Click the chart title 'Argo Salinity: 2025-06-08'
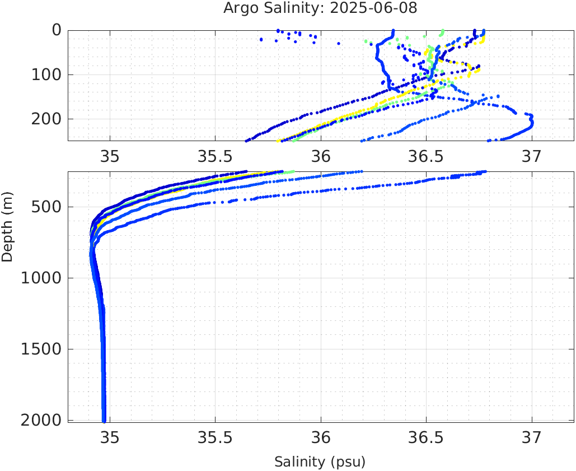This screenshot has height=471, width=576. pyautogui.click(x=320, y=8)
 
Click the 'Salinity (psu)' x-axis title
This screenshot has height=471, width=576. pyautogui.click(x=320, y=462)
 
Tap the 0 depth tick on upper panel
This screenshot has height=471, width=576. pyautogui.click(x=56, y=30)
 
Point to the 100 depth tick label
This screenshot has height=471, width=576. pyautogui.click(x=46, y=74)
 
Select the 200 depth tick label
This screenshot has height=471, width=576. pyautogui.click(x=46, y=119)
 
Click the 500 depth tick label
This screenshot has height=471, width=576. pyautogui.click(x=46, y=207)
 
